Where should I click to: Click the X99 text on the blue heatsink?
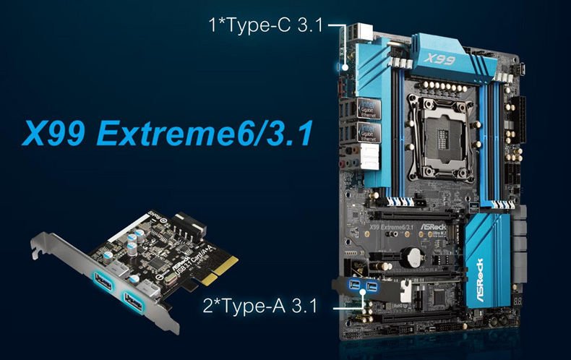pyautogui.click(x=439, y=59)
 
